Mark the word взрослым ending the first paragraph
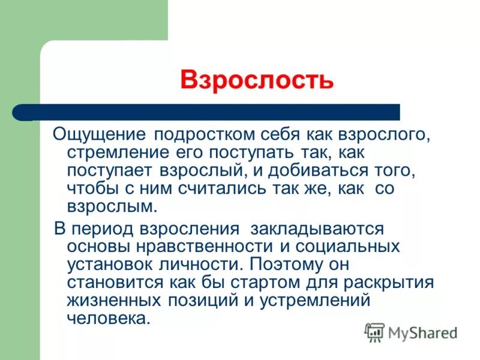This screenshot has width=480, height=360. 112,207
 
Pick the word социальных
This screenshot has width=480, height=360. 349,247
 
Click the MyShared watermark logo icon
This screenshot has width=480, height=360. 374,332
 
